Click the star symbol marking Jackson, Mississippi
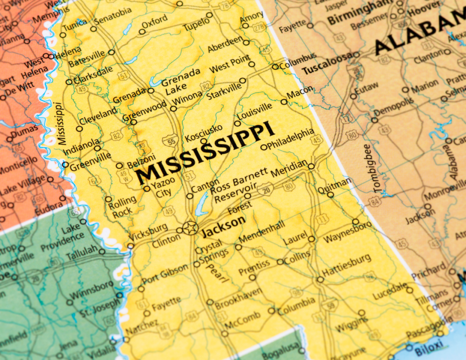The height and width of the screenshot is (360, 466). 190,228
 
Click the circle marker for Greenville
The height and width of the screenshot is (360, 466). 66,165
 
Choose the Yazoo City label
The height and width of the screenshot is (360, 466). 161,188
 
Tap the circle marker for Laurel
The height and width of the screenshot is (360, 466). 311,239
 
